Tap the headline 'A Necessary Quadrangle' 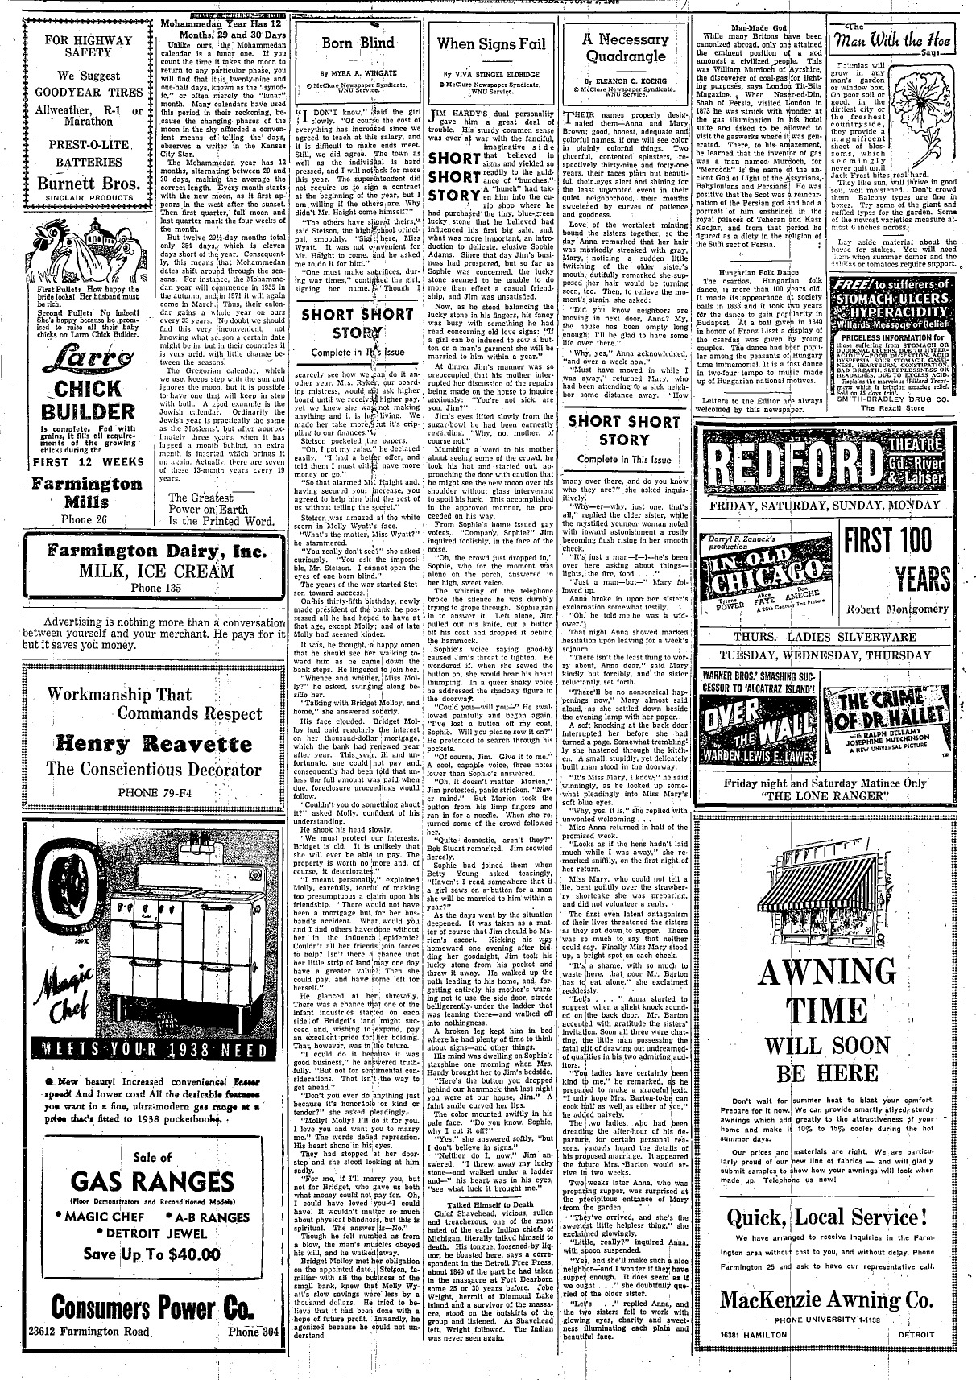coord(626,48)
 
